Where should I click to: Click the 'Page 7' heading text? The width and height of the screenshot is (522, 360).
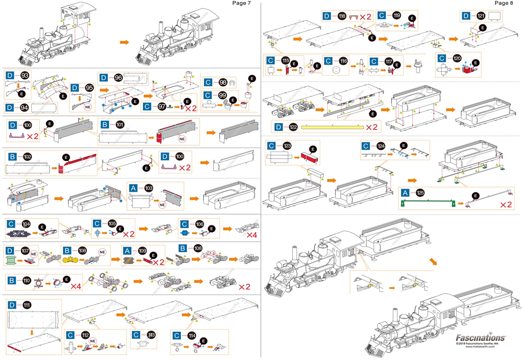coord(241,3)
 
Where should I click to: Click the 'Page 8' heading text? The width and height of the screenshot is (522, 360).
coord(504,3)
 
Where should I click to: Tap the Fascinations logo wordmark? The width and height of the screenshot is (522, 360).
coord(480,338)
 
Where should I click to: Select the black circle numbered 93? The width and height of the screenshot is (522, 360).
coord(25,76)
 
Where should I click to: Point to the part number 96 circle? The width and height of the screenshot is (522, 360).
coord(119,77)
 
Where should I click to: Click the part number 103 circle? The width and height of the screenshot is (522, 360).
coord(149,188)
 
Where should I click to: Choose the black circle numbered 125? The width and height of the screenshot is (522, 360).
coord(420,192)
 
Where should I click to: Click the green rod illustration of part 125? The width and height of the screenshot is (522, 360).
coord(428,202)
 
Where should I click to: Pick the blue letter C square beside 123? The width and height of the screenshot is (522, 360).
coord(271,146)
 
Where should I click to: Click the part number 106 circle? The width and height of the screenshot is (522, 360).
coord(199,224)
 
